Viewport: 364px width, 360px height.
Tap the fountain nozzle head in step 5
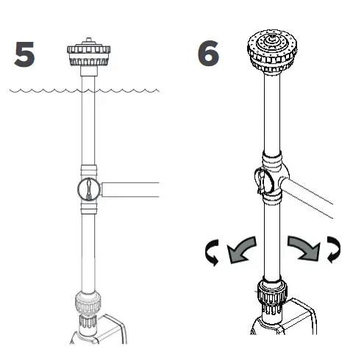(88, 54)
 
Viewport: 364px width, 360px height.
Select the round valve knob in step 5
(87, 190)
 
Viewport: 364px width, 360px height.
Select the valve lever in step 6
(261, 179)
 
